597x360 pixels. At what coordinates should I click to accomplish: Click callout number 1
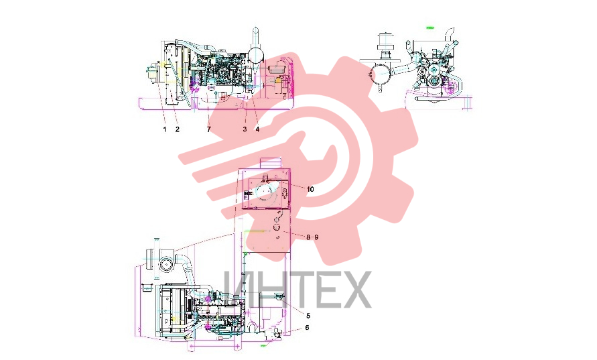[165, 129]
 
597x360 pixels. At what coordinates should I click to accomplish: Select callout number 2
[178, 129]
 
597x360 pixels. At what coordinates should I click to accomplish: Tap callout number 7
[208, 129]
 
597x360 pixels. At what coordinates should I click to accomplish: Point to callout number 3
[245, 129]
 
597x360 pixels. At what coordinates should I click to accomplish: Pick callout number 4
[257, 129]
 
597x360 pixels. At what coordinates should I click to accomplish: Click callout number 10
[310, 189]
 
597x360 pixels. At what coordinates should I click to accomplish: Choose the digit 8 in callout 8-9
[308, 237]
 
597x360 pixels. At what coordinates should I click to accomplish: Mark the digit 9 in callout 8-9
[316, 237]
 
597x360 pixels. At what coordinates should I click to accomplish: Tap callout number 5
[308, 316]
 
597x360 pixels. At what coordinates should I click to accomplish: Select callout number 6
[308, 328]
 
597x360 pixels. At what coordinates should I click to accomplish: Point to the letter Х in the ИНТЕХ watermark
[356, 290]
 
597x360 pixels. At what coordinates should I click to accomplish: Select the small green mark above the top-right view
[430, 27]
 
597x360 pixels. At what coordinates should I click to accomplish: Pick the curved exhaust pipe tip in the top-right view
[451, 30]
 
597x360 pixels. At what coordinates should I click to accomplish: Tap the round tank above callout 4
[255, 55]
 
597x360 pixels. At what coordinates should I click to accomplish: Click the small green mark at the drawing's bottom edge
[263, 345]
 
